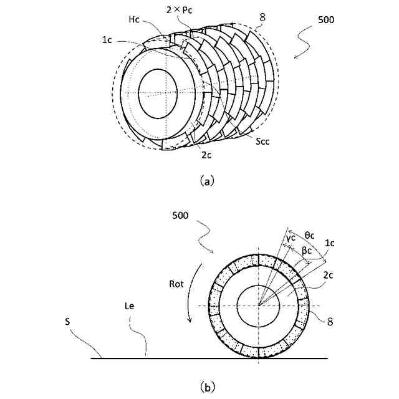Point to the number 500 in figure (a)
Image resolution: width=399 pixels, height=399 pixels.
(325, 20)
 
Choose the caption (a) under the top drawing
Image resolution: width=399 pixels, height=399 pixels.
(207, 181)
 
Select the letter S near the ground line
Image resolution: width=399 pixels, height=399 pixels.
(67, 324)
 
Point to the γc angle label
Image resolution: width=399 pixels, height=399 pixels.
(291, 237)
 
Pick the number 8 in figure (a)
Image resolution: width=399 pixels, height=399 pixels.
(262, 19)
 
